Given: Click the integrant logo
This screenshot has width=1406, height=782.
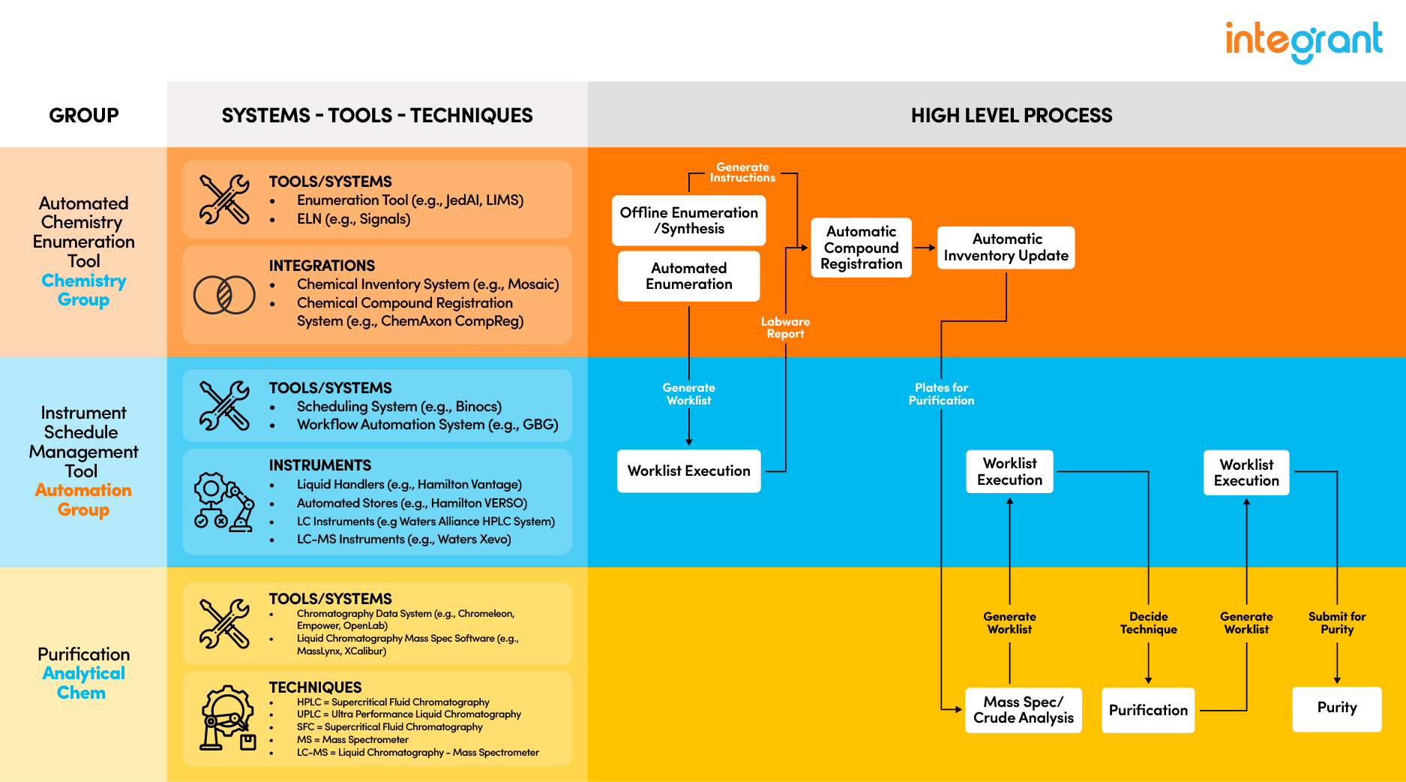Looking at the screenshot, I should (x=1303, y=41).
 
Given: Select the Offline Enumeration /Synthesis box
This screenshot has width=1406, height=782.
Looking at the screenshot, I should (x=688, y=221).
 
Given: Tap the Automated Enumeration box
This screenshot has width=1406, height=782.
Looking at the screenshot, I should (x=688, y=276).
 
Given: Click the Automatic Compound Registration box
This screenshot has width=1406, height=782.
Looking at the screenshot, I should (x=861, y=248).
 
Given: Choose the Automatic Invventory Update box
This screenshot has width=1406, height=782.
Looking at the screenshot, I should (x=1006, y=248).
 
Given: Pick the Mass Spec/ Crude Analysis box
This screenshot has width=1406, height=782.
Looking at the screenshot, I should (x=1023, y=710).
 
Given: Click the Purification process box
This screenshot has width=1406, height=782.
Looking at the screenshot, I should (x=1147, y=710).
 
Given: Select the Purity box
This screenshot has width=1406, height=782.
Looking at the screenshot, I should (x=1336, y=708).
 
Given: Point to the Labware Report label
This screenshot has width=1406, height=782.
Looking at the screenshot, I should (x=785, y=328).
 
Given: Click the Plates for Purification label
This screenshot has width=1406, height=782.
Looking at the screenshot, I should (x=941, y=394).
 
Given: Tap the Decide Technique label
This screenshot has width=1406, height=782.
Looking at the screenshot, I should (x=1148, y=623).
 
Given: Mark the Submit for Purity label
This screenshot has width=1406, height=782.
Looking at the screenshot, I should (x=1336, y=623).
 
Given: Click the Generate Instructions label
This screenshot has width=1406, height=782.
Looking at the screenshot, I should (x=742, y=173).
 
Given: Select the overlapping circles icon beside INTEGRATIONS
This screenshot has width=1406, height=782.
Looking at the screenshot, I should (x=224, y=295).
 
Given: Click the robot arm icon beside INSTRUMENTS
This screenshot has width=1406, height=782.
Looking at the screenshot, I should (x=224, y=501).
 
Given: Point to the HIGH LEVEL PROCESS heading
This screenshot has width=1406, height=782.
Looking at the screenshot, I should (x=1011, y=116).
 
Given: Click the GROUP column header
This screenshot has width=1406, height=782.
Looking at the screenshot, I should (x=83, y=116).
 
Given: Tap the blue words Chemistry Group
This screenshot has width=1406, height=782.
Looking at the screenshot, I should (x=83, y=290).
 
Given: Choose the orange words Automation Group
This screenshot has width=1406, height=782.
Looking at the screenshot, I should (x=83, y=500).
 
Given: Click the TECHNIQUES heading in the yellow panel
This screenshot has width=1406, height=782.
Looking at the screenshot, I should (x=315, y=687).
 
